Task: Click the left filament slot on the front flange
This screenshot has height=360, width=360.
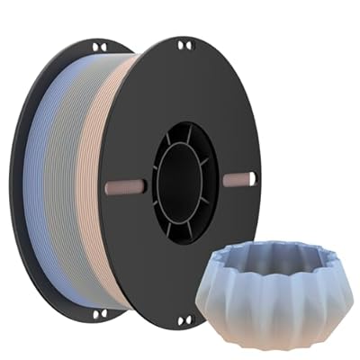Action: click(x=125, y=187)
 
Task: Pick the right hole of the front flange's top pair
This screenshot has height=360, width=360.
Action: click(x=188, y=45)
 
